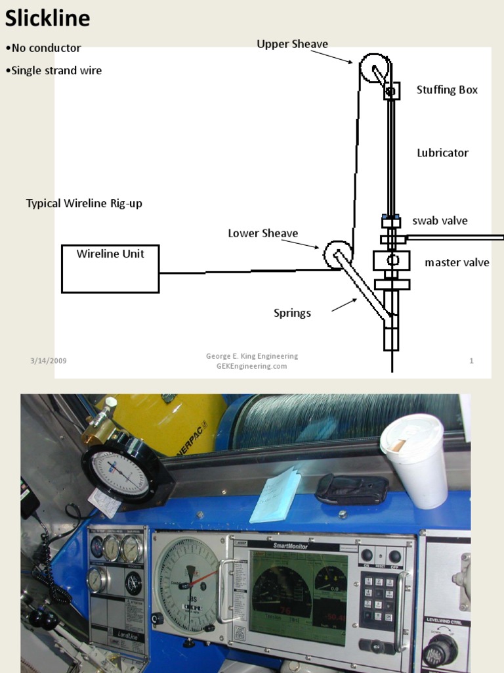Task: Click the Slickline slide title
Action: tap(47, 18)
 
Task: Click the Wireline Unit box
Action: tap(110, 268)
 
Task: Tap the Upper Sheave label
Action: tap(292, 44)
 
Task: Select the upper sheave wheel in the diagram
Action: tap(375, 69)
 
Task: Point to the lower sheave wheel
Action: tap(338, 255)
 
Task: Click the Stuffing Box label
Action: tap(447, 89)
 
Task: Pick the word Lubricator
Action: tap(442, 153)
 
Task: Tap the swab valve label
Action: tap(440, 221)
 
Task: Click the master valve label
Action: tap(457, 263)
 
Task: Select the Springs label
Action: tap(292, 313)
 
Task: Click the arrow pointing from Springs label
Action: tap(345, 305)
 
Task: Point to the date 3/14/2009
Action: tap(48, 361)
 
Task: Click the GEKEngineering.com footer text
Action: tap(251, 366)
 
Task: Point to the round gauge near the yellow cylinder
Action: tap(119, 473)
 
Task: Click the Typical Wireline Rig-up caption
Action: tap(84, 204)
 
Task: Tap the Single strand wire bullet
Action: tap(56, 70)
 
